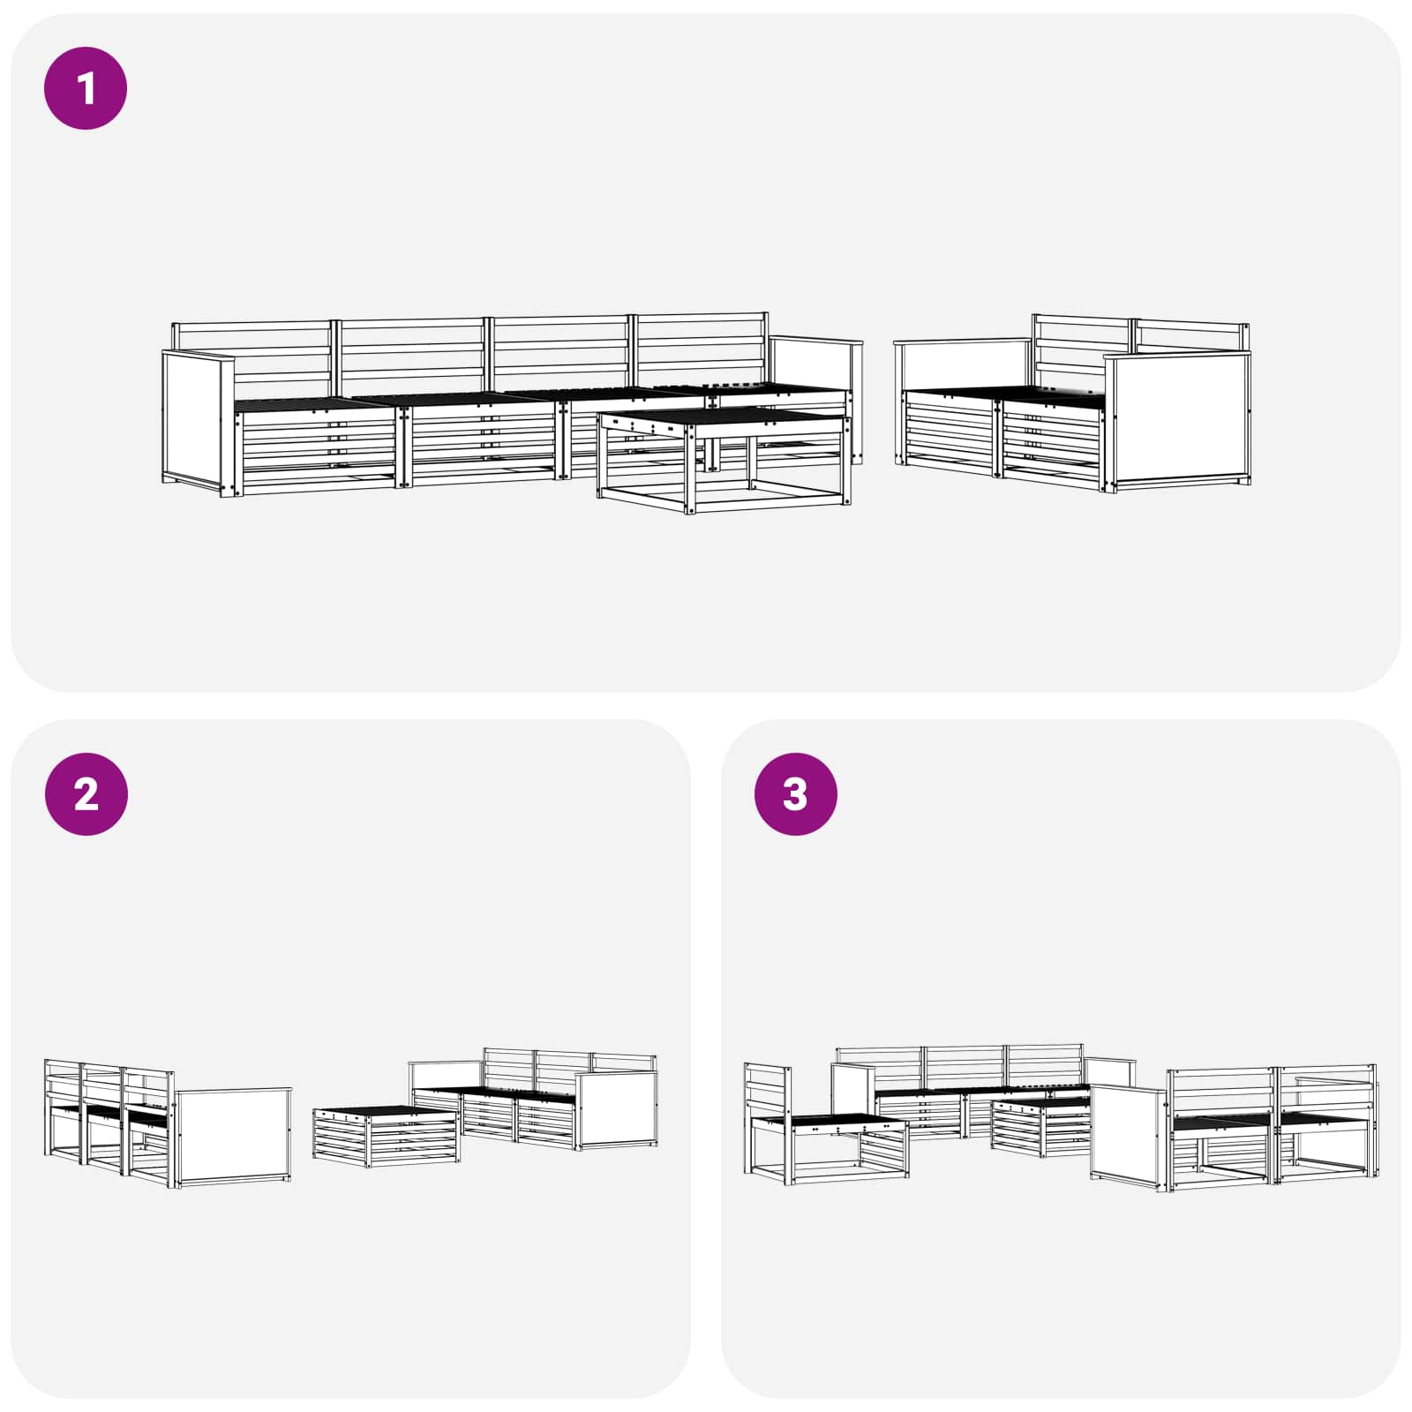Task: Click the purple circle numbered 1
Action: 86,89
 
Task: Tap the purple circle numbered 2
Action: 86,794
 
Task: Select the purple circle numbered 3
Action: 795,794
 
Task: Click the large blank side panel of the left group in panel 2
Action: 233,1134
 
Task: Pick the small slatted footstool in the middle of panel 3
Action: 1040,1130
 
